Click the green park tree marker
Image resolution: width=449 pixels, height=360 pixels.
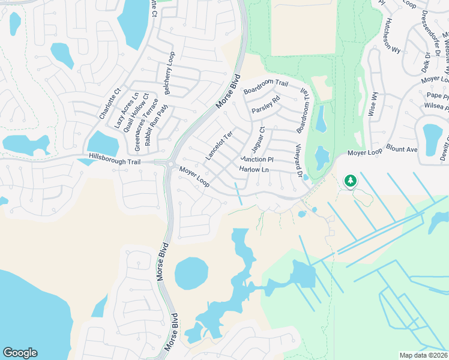pos(349,180)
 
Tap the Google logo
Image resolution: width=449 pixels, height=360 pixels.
pos(20,353)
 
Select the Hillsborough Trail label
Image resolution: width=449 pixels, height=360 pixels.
pos(114,156)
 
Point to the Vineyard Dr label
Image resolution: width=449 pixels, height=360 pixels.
pos(297,160)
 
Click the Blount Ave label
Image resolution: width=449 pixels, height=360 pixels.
pos(402,149)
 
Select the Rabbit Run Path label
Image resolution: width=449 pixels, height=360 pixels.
pos(155,123)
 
